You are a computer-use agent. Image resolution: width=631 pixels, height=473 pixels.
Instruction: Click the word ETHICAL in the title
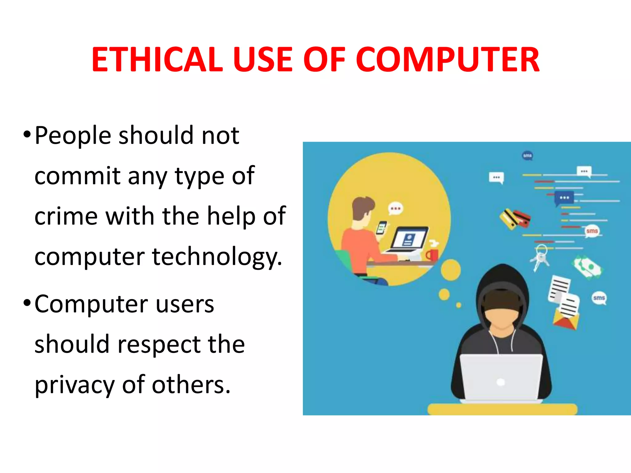tap(157, 59)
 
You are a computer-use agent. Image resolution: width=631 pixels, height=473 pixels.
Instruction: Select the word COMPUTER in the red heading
tap(447, 59)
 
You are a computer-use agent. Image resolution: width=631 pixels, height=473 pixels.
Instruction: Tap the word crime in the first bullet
tap(66, 216)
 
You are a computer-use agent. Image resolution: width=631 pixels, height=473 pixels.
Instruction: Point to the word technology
tap(217, 257)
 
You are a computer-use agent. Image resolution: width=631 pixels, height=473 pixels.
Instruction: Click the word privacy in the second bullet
tap(74, 385)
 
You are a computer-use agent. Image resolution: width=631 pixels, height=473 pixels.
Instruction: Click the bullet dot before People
tap(27, 134)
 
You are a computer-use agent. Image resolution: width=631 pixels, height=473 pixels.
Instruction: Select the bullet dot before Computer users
tap(27, 303)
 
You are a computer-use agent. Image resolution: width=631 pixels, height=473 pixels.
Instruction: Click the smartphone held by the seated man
tap(381, 228)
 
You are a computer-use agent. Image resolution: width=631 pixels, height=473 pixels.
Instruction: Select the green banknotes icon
tap(587, 267)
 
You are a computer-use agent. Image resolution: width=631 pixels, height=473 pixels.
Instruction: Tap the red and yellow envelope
tap(565, 320)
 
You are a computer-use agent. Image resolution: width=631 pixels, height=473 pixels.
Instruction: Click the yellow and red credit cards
tap(515, 219)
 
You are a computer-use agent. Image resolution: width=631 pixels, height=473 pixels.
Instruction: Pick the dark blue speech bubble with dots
tap(564, 198)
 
